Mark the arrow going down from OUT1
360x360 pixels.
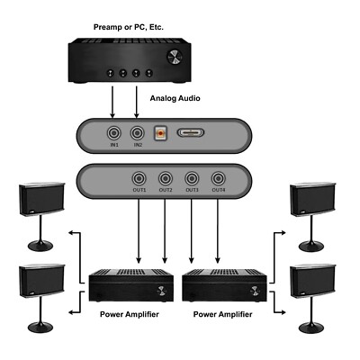coord(139,229)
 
